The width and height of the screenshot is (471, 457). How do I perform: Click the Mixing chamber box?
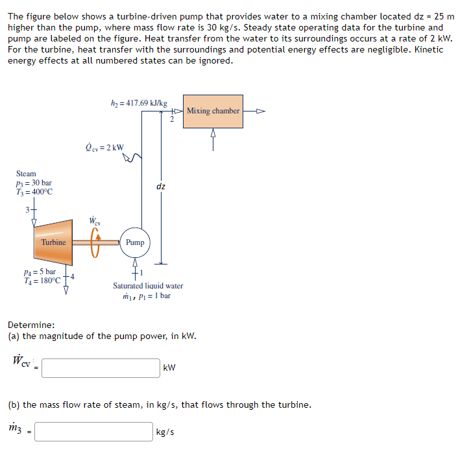pyautogui.click(x=213, y=111)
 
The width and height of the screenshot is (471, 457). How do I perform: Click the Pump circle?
pyautogui.click(x=135, y=242)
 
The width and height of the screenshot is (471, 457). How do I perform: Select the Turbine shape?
pyautogui.click(x=53, y=242)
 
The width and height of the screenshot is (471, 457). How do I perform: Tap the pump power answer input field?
pyautogui.click(x=102, y=368)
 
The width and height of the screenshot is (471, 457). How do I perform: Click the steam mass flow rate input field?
pyautogui.click(x=93, y=432)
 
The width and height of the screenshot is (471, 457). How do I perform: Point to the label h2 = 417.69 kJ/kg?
pyautogui.click(x=139, y=103)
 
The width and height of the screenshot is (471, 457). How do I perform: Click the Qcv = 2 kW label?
pyautogui.click(x=105, y=146)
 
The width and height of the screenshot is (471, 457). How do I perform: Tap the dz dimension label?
pyautogui.click(x=161, y=187)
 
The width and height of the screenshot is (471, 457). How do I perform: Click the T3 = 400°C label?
pyautogui.click(x=34, y=192)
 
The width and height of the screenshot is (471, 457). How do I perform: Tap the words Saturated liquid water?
pyautogui.click(x=148, y=286)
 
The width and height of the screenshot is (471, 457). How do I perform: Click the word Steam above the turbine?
pyautogui.click(x=26, y=174)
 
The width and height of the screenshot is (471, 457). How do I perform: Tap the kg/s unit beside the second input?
pyautogui.click(x=165, y=432)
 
